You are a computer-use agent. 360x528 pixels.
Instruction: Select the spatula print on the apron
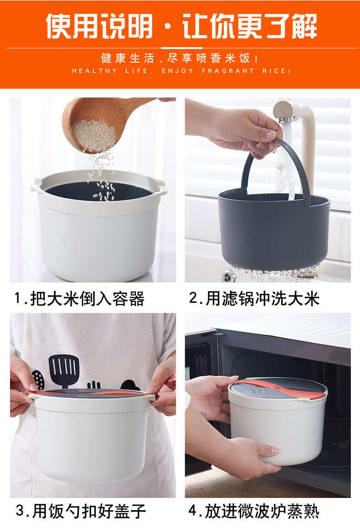click(x=64, y=370)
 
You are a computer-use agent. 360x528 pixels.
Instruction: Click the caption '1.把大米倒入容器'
click(x=79, y=299)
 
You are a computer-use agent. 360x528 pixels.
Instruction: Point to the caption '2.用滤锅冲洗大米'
click(x=254, y=298)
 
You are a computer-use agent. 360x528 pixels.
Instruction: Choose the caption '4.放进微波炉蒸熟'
click(x=254, y=511)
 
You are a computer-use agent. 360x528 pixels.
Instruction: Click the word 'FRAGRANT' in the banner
click(x=228, y=71)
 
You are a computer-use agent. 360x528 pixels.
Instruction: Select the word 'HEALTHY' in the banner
click(x=95, y=71)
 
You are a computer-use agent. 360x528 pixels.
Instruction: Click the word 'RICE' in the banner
click(x=274, y=71)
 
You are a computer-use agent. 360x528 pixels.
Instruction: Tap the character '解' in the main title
click(x=304, y=26)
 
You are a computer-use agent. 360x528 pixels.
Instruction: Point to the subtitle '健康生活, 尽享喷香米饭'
click(x=180, y=58)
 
